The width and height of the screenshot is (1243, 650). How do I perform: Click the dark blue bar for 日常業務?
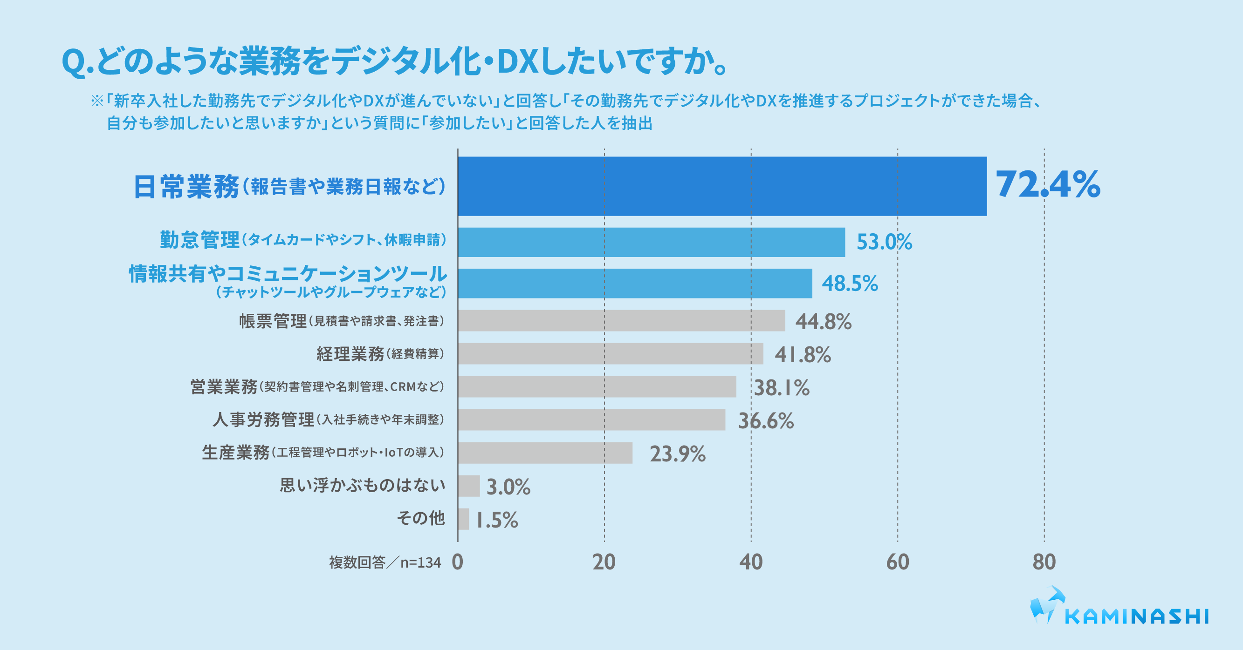(722, 186)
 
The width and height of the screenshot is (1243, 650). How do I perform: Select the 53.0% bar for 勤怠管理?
(652, 242)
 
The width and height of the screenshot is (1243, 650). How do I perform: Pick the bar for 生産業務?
(545, 453)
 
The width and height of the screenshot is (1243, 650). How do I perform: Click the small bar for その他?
(463, 519)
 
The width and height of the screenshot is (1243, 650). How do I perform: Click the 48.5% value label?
(850, 284)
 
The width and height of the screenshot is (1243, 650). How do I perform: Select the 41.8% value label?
(803, 355)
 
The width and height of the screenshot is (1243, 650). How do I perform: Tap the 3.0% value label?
(508, 487)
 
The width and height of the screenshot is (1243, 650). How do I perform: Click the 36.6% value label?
(766, 421)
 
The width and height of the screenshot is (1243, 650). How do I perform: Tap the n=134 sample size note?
(420, 563)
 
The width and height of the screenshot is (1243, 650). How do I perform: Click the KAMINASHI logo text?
(1137, 617)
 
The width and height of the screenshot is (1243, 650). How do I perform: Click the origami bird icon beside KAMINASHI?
(1046, 604)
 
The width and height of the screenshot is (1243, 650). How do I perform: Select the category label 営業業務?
(224, 387)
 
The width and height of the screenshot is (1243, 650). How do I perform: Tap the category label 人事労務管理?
(263, 420)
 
